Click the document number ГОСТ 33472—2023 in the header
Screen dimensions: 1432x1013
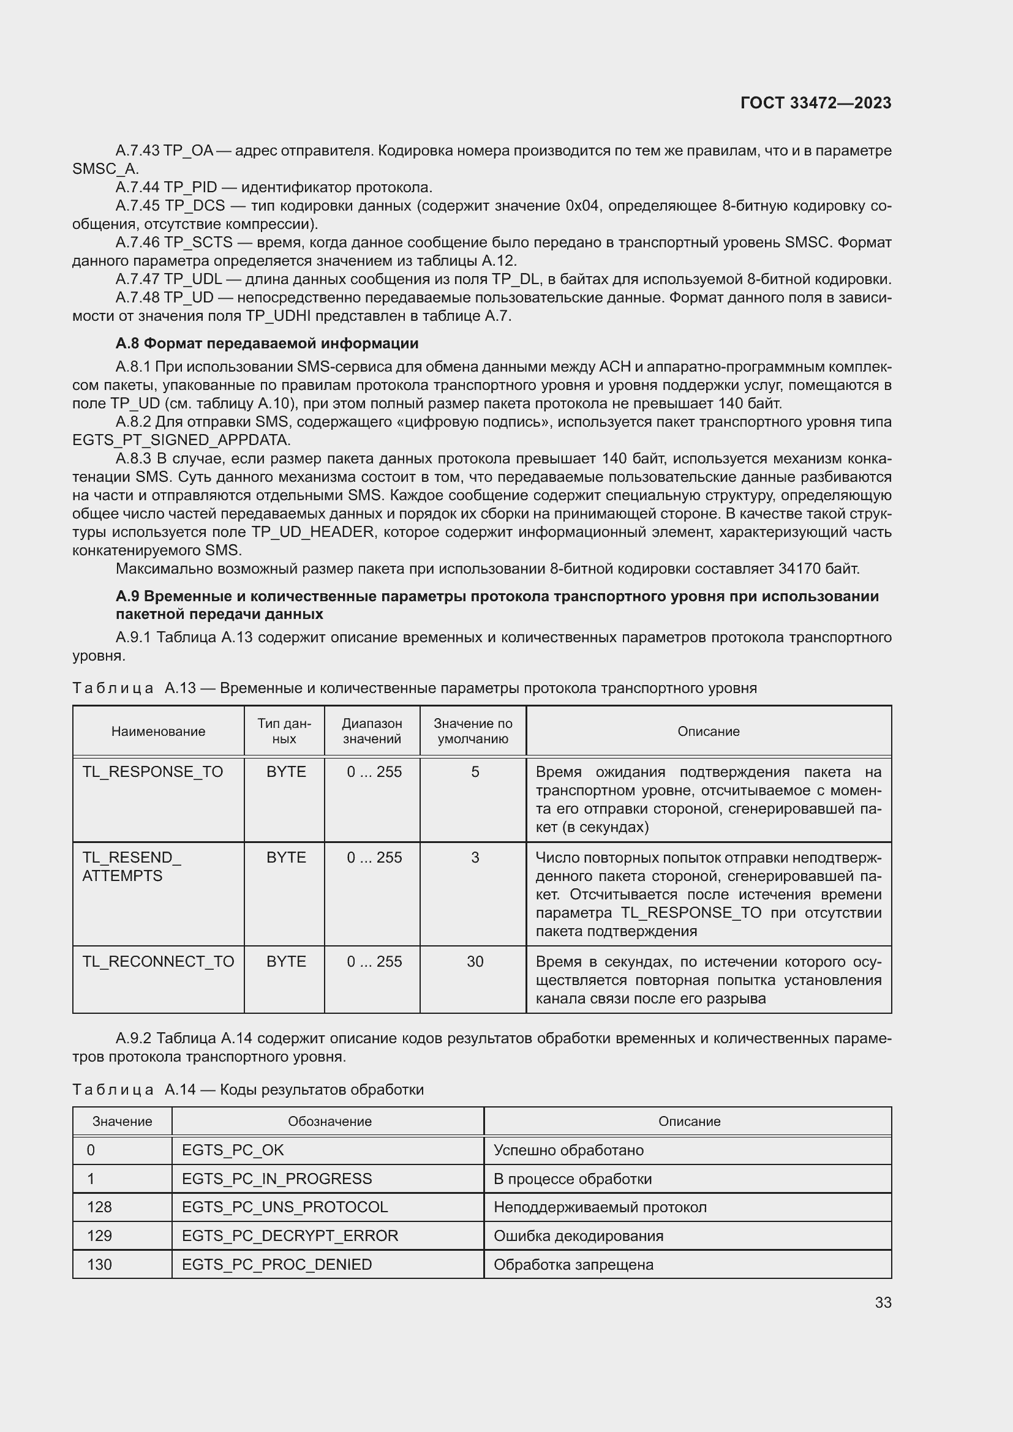pyautogui.click(x=815, y=103)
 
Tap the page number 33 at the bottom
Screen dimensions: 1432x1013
pyautogui.click(x=883, y=1303)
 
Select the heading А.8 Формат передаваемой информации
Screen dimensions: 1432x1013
pyautogui.click(x=267, y=343)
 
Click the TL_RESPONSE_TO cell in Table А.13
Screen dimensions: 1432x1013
pyautogui.click(x=153, y=772)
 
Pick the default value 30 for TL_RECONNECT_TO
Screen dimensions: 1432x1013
pyautogui.click(x=475, y=962)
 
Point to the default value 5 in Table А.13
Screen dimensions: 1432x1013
pyautogui.click(x=475, y=772)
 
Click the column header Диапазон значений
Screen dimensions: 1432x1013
pyautogui.click(x=372, y=731)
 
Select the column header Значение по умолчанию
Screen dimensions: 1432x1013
pyautogui.click(x=473, y=731)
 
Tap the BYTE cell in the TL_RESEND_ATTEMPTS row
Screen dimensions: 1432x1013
pyautogui.click(x=285, y=858)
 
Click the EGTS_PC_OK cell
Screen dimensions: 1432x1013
pyautogui.click(x=233, y=1150)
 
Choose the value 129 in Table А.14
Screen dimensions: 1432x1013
pyautogui.click(x=100, y=1235)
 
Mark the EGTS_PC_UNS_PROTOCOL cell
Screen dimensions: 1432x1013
pyautogui.click(x=284, y=1207)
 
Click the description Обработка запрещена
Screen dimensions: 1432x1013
pyautogui.click(x=573, y=1264)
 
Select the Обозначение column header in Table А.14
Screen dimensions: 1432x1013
pyautogui.click(x=330, y=1122)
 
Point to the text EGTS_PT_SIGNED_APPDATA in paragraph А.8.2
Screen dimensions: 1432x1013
pyautogui.click(x=181, y=440)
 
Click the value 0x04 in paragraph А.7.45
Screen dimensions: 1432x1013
pyautogui.click(x=583, y=206)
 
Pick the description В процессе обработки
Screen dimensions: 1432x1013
pyautogui.click(x=572, y=1179)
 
